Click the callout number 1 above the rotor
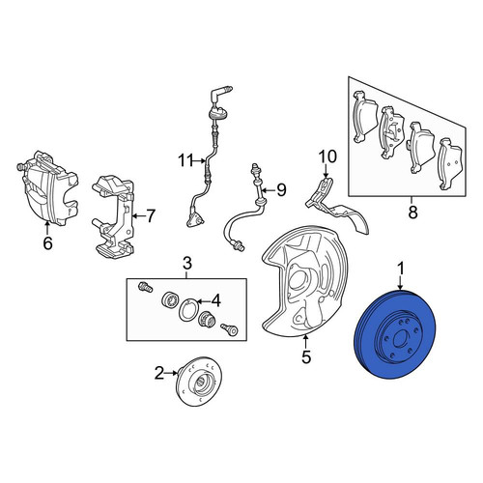pyautogui.click(x=401, y=270)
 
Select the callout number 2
pyautogui.click(x=160, y=374)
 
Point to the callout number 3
pyautogui.click(x=187, y=263)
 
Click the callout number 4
pyautogui.click(x=216, y=301)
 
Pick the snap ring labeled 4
pyautogui.click(x=186, y=309)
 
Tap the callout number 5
pyautogui.click(x=306, y=356)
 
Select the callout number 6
pyautogui.click(x=47, y=243)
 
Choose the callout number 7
pyautogui.click(x=151, y=216)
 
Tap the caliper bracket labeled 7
pyautogui.click(x=113, y=216)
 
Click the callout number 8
pyautogui.click(x=412, y=213)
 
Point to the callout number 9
pyautogui.click(x=281, y=190)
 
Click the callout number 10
pyautogui.click(x=327, y=156)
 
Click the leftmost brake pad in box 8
pyautogui.click(x=365, y=117)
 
